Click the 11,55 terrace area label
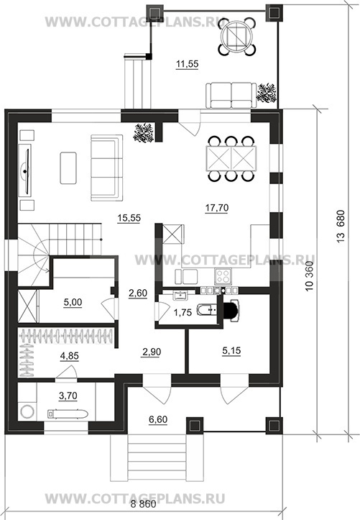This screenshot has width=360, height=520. pyautogui.click(x=187, y=63)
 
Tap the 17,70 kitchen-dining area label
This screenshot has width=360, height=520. pyautogui.click(x=216, y=208)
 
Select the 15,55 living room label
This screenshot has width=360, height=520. pyautogui.click(x=129, y=217)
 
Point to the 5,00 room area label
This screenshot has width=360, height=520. pyautogui.click(x=73, y=302)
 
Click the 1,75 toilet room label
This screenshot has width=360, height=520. pyautogui.click(x=183, y=312)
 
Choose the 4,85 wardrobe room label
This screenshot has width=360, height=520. pyautogui.click(x=69, y=356)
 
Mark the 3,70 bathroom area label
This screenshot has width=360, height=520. pyautogui.click(x=68, y=396)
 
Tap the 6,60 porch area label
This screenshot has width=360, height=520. pyautogui.click(x=158, y=419)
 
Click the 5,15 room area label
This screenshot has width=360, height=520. pyautogui.click(x=231, y=350)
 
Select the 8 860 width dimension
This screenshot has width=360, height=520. pyautogui.click(x=143, y=504)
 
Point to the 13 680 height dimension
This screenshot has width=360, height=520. pyautogui.click(x=341, y=226)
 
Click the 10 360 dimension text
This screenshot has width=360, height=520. pyautogui.click(x=310, y=276)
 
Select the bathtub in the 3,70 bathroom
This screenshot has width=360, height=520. pyautogui.click(x=68, y=414)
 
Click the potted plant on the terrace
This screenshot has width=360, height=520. pyautogui.click(x=267, y=92)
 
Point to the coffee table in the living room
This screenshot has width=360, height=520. pyautogui.click(x=68, y=168)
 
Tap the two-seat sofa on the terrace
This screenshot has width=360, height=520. pyautogui.click(x=231, y=96)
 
